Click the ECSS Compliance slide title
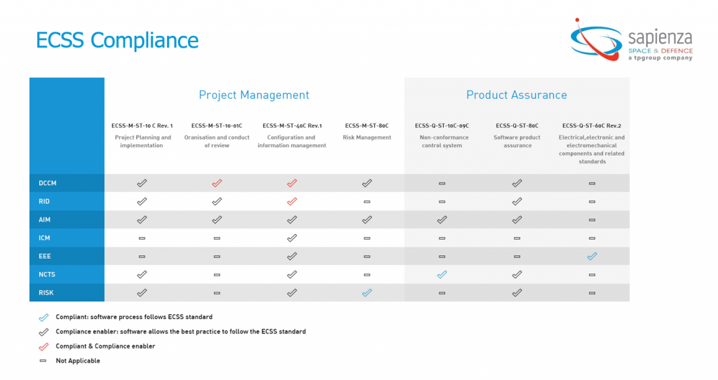[117, 40]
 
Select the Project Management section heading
[254, 95]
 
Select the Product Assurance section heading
[516, 95]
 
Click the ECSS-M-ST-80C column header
[367, 125]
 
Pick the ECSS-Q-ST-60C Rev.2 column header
[592, 125]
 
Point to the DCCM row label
[48, 183]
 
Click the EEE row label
[45, 256]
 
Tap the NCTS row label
[48, 274]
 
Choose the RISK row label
[47, 292]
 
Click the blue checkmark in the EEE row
[592, 256]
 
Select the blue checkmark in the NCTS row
[442, 274]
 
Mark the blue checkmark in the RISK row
[367, 292]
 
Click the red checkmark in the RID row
[292, 201]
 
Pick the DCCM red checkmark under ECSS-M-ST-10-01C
[217, 183]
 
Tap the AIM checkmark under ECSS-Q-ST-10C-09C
[442, 219]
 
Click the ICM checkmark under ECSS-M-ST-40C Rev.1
[292, 238]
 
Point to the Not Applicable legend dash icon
[43, 361]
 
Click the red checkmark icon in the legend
[43, 346]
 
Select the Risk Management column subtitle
[367, 137]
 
